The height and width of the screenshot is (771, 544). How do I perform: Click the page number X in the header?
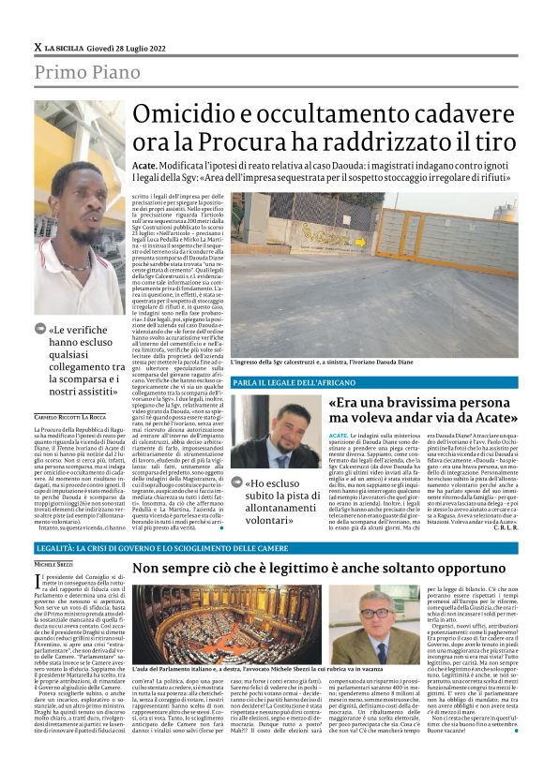click(38, 48)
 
